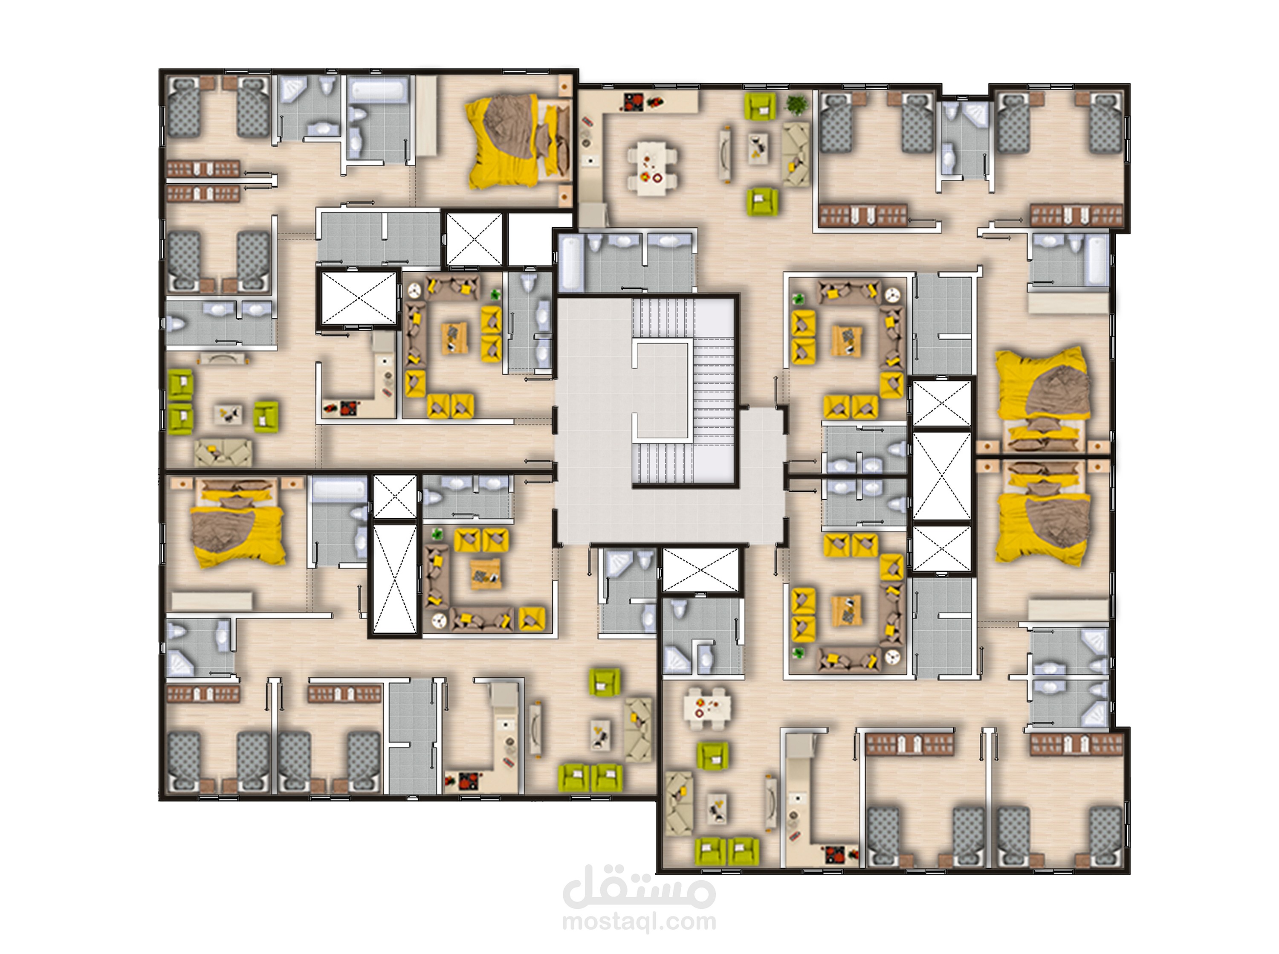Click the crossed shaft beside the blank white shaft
(x=475, y=239)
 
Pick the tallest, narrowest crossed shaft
(x=395, y=577)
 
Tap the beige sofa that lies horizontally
(x=223, y=453)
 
